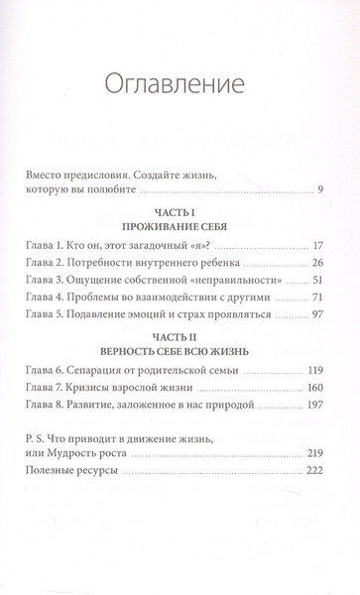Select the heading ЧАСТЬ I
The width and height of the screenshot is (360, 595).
click(180, 240)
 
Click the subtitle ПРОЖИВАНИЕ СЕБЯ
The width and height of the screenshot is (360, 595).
click(180, 255)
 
